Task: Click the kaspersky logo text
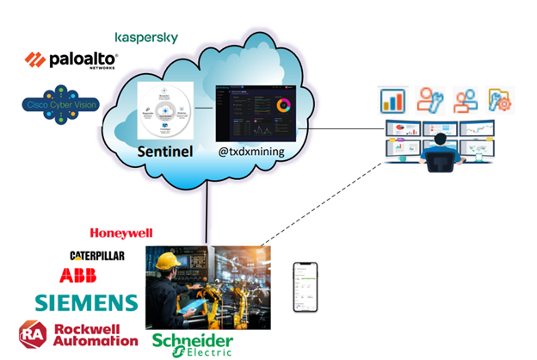pos(146,38)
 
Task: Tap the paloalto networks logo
pos(71,60)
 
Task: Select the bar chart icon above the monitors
pos(392,100)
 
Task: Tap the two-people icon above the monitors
pos(466,100)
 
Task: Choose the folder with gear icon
pos(500,100)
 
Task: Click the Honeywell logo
pos(121,233)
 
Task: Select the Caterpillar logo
pos(96,256)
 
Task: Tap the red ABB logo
pos(78,276)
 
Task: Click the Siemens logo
pos(86,302)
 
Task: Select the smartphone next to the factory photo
pos(305,287)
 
